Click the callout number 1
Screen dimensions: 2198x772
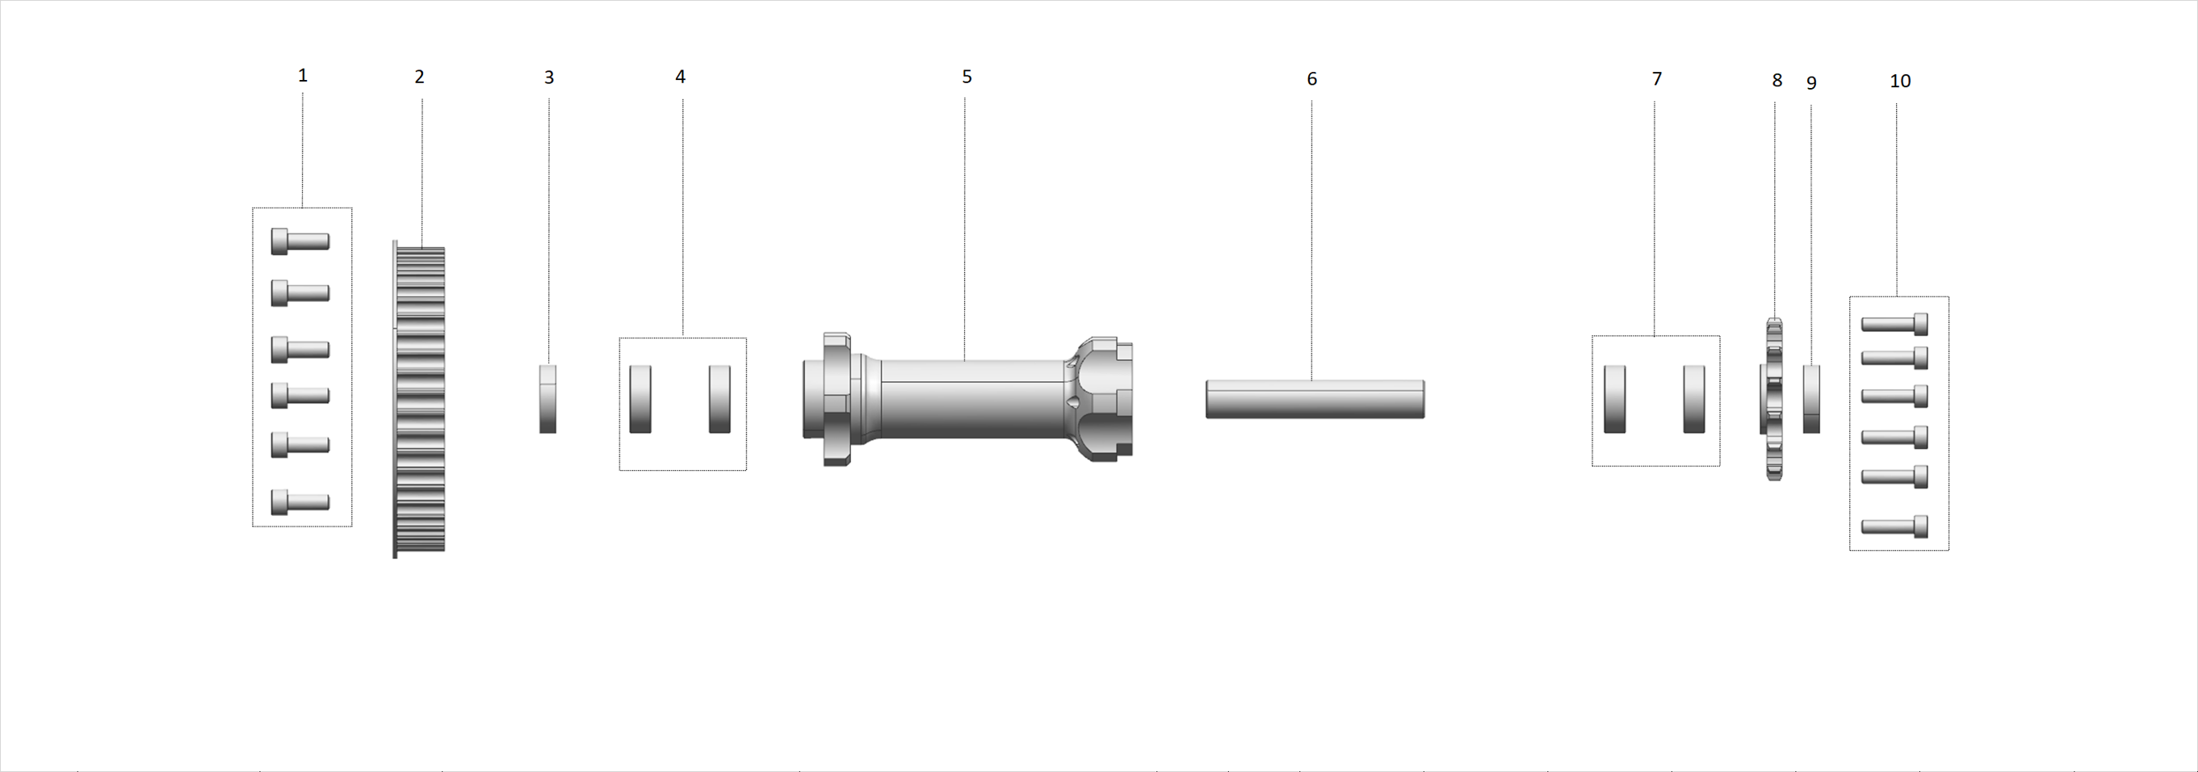click(x=302, y=76)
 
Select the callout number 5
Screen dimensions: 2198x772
click(x=967, y=77)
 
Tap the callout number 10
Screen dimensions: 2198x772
click(x=1900, y=81)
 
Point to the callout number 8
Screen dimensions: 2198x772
click(x=1777, y=80)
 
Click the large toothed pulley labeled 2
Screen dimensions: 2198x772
click(x=419, y=399)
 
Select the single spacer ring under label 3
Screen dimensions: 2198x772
click(x=547, y=399)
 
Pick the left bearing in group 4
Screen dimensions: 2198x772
click(x=640, y=399)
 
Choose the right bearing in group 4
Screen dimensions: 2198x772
click(x=719, y=399)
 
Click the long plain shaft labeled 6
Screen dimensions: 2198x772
click(x=1315, y=399)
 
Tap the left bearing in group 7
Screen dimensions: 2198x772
click(x=1614, y=399)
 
